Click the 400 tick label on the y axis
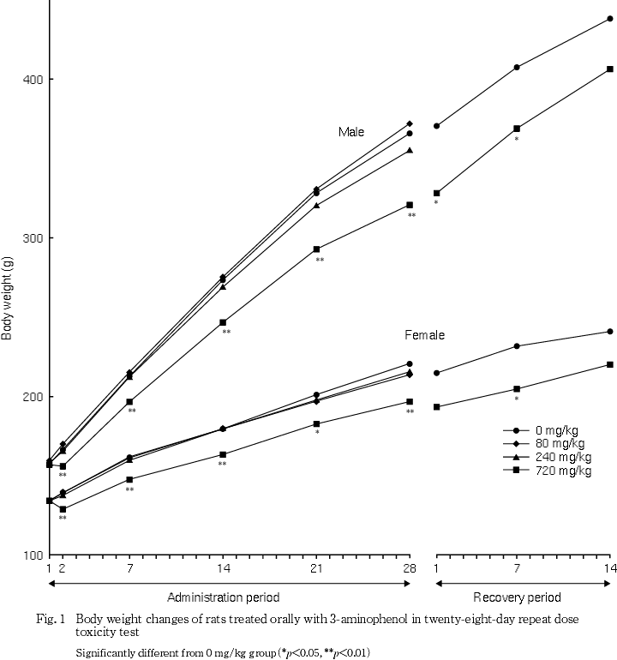[x=33, y=80]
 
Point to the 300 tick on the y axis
[x=33, y=238]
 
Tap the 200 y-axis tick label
[x=33, y=397]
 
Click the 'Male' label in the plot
[x=350, y=132]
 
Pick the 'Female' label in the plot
[x=424, y=335]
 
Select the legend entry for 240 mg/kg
[x=561, y=457]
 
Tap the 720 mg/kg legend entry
[x=561, y=471]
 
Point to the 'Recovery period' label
[x=517, y=597]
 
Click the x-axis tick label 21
[x=316, y=568]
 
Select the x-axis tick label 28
[x=410, y=568]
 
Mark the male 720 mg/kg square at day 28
[x=410, y=205]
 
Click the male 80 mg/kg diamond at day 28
[x=410, y=123]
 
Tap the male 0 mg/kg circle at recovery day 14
[x=610, y=18]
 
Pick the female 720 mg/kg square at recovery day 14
[x=610, y=364]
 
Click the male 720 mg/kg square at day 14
[x=223, y=322]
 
